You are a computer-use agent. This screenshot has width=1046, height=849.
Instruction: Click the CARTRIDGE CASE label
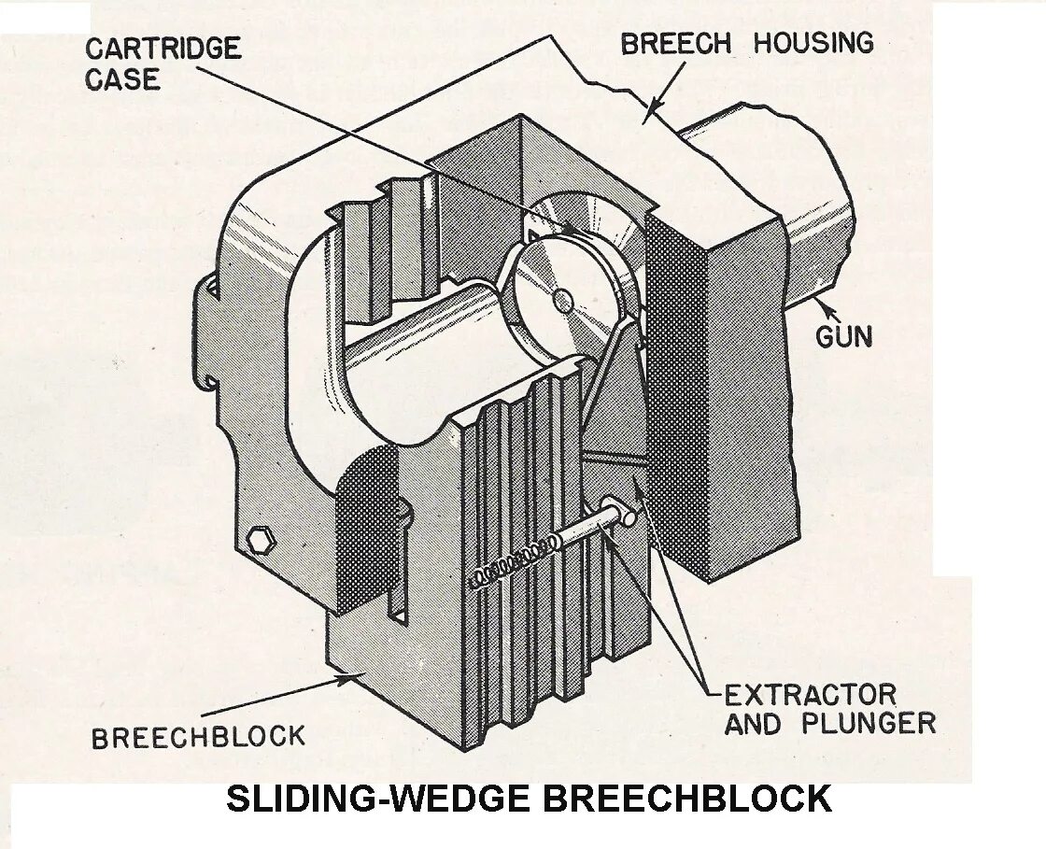(163, 64)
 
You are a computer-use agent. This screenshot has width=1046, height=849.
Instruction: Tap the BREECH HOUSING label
(747, 43)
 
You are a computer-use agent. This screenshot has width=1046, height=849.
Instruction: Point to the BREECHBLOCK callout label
(198, 737)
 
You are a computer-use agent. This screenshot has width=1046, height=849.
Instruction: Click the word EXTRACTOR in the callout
(810, 695)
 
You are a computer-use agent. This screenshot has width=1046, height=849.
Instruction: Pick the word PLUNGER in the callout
(869, 724)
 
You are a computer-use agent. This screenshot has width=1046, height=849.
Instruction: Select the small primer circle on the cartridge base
(562, 300)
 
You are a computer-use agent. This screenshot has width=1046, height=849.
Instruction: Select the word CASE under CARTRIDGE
(122, 79)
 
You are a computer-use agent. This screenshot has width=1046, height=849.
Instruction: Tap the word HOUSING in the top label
(813, 43)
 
